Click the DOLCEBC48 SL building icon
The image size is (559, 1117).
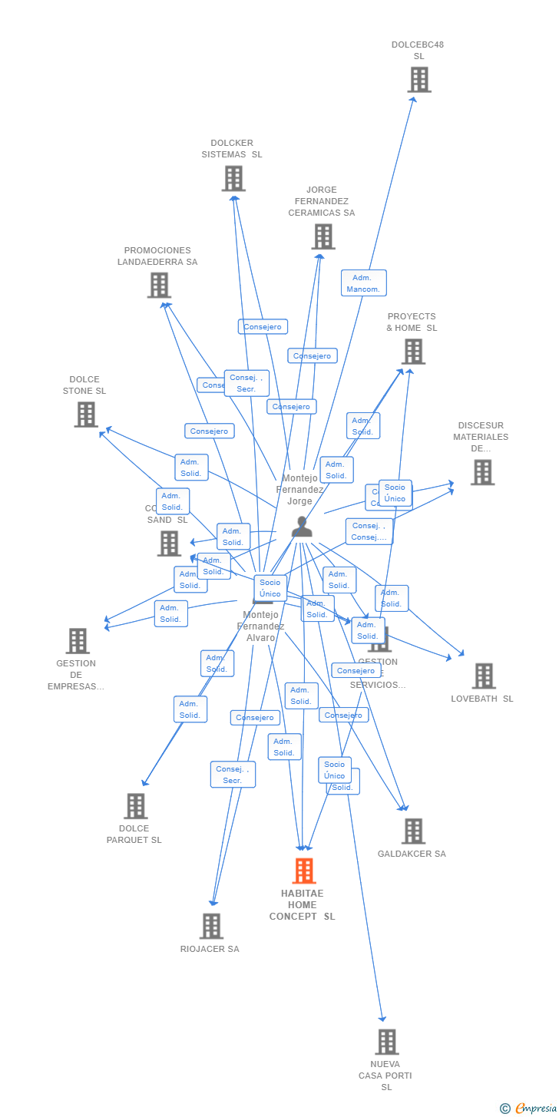(418, 80)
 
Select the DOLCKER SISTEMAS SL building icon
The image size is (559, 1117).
(233, 178)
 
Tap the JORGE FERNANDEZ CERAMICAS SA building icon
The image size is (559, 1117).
(322, 236)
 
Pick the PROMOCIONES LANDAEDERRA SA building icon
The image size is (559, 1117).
(158, 285)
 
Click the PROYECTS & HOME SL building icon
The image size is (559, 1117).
(412, 352)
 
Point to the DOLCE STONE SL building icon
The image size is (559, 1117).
(85, 415)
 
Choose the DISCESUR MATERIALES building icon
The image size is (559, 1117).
(482, 472)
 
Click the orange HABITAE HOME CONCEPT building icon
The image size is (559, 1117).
(303, 871)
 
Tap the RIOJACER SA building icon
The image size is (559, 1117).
(211, 926)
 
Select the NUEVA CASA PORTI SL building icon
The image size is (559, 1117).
(386, 1042)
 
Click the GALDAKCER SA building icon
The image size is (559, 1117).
(412, 831)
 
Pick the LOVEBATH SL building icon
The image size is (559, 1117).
(483, 676)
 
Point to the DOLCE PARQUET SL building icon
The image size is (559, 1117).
(135, 806)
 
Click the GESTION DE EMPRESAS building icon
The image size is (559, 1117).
(77, 640)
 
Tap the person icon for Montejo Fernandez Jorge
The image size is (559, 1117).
(302, 527)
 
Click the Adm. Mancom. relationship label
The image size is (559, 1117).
(363, 283)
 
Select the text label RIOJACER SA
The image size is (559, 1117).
(210, 949)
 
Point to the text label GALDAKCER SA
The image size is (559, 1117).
(412, 854)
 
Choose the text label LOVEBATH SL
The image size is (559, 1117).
(482, 699)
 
